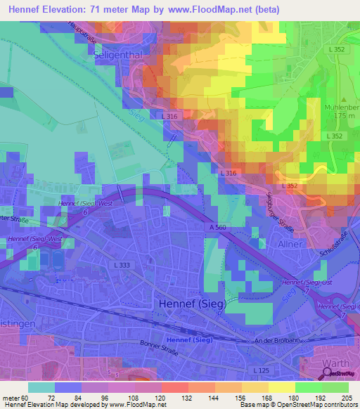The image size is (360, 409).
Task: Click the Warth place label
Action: point(335,364)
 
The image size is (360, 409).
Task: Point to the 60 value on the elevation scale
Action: point(27,397)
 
